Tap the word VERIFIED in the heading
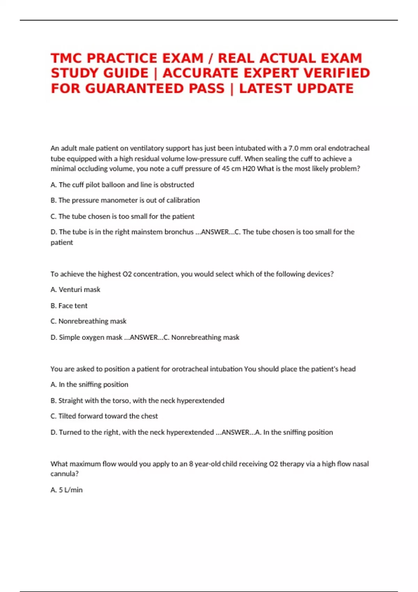[x=337, y=73]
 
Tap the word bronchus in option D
[x=179, y=232]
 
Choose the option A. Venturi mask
[x=75, y=290]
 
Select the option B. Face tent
[x=69, y=306]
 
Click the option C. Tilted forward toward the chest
[x=104, y=416]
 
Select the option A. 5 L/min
[x=67, y=490]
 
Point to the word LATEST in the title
[x=266, y=88]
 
